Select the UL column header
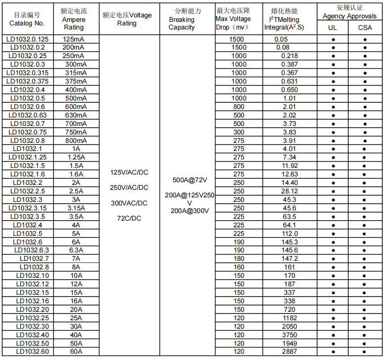coord(333,28)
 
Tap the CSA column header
coord(365,28)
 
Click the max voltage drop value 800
coord(239,107)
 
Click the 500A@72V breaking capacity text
coord(190,180)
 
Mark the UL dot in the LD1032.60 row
coord(333,352)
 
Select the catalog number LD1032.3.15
coord(27,208)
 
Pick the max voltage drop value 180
coord(239,259)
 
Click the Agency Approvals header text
coord(349,16)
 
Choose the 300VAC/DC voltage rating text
coord(129,203)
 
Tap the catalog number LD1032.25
coord(32,318)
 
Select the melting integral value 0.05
coord(281,39)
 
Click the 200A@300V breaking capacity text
coord(190,211)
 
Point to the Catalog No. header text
coord(27,23)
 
